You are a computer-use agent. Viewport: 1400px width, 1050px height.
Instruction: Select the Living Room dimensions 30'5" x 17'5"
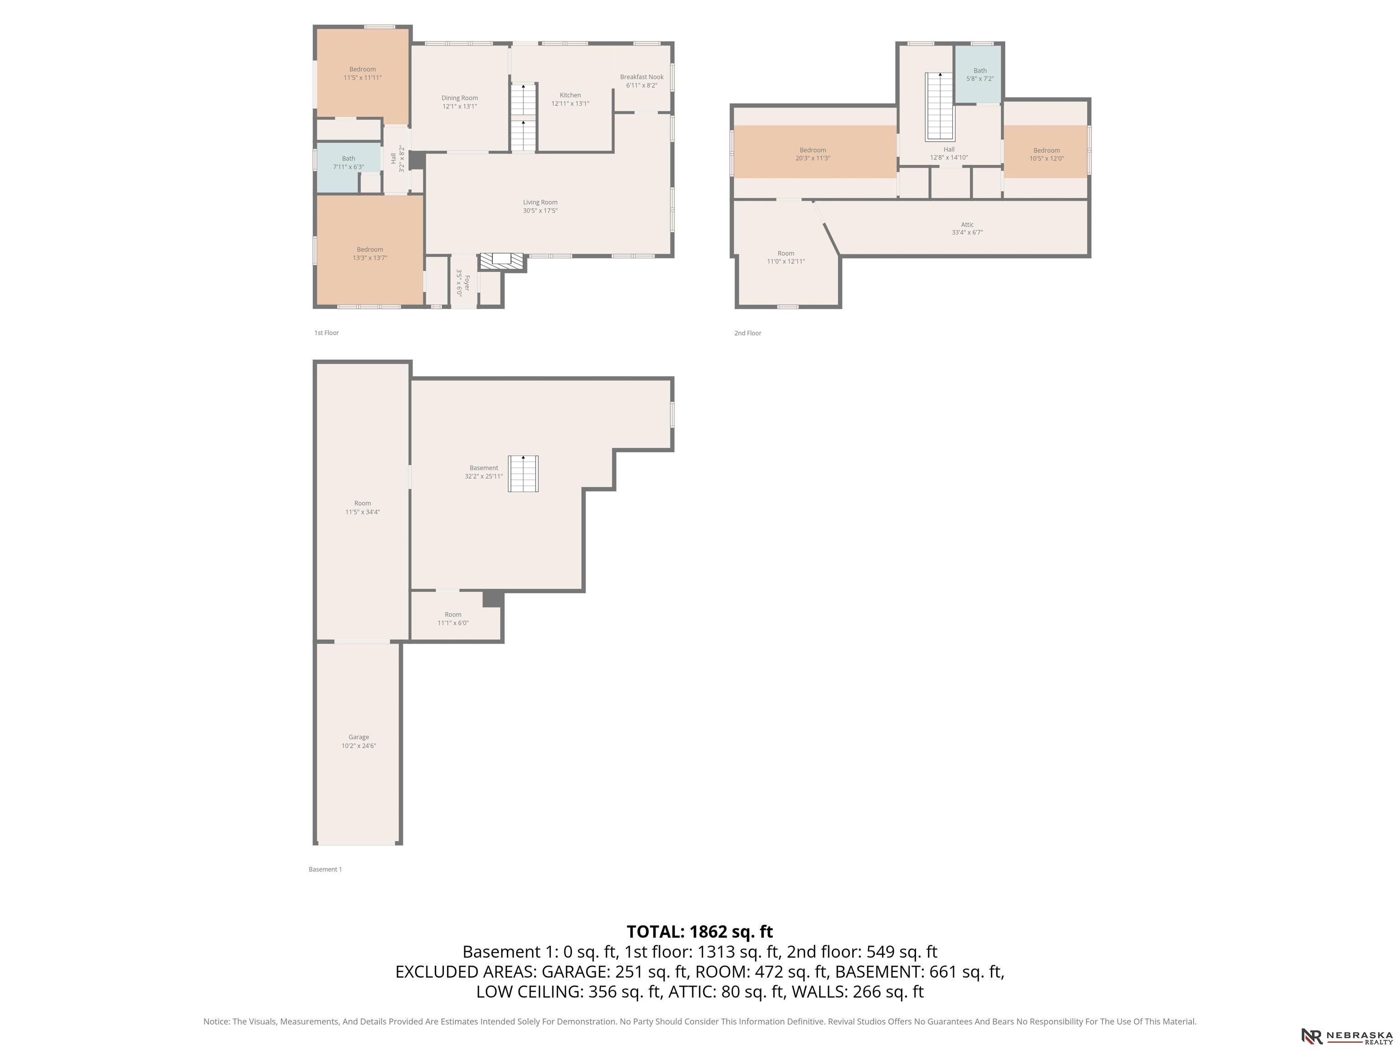(540, 211)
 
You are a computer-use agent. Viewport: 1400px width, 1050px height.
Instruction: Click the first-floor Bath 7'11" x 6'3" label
(349, 163)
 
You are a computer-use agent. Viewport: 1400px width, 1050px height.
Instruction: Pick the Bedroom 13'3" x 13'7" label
(370, 254)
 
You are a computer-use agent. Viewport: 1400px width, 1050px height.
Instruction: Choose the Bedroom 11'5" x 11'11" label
(363, 73)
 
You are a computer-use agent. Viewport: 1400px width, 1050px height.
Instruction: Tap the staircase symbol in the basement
(524, 474)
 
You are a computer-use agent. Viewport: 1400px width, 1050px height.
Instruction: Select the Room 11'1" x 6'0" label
(453, 619)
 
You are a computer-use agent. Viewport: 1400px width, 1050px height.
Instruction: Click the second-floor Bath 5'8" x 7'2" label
(980, 75)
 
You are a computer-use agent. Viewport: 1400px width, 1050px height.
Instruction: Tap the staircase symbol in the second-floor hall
(940, 106)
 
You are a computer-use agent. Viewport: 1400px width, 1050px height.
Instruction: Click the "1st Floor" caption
(327, 333)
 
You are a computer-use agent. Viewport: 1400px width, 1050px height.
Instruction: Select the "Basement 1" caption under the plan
(325, 870)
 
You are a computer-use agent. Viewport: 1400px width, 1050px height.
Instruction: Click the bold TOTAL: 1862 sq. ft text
(700, 932)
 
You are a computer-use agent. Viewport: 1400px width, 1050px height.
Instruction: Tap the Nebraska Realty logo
(1347, 1036)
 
